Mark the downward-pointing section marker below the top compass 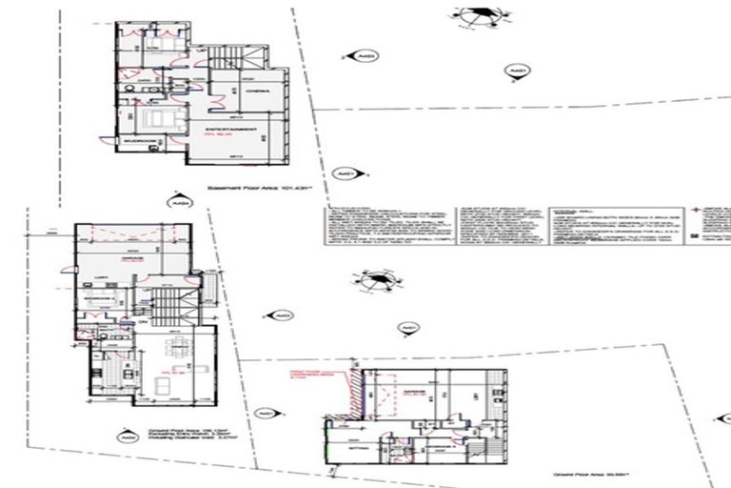pos(517,71)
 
